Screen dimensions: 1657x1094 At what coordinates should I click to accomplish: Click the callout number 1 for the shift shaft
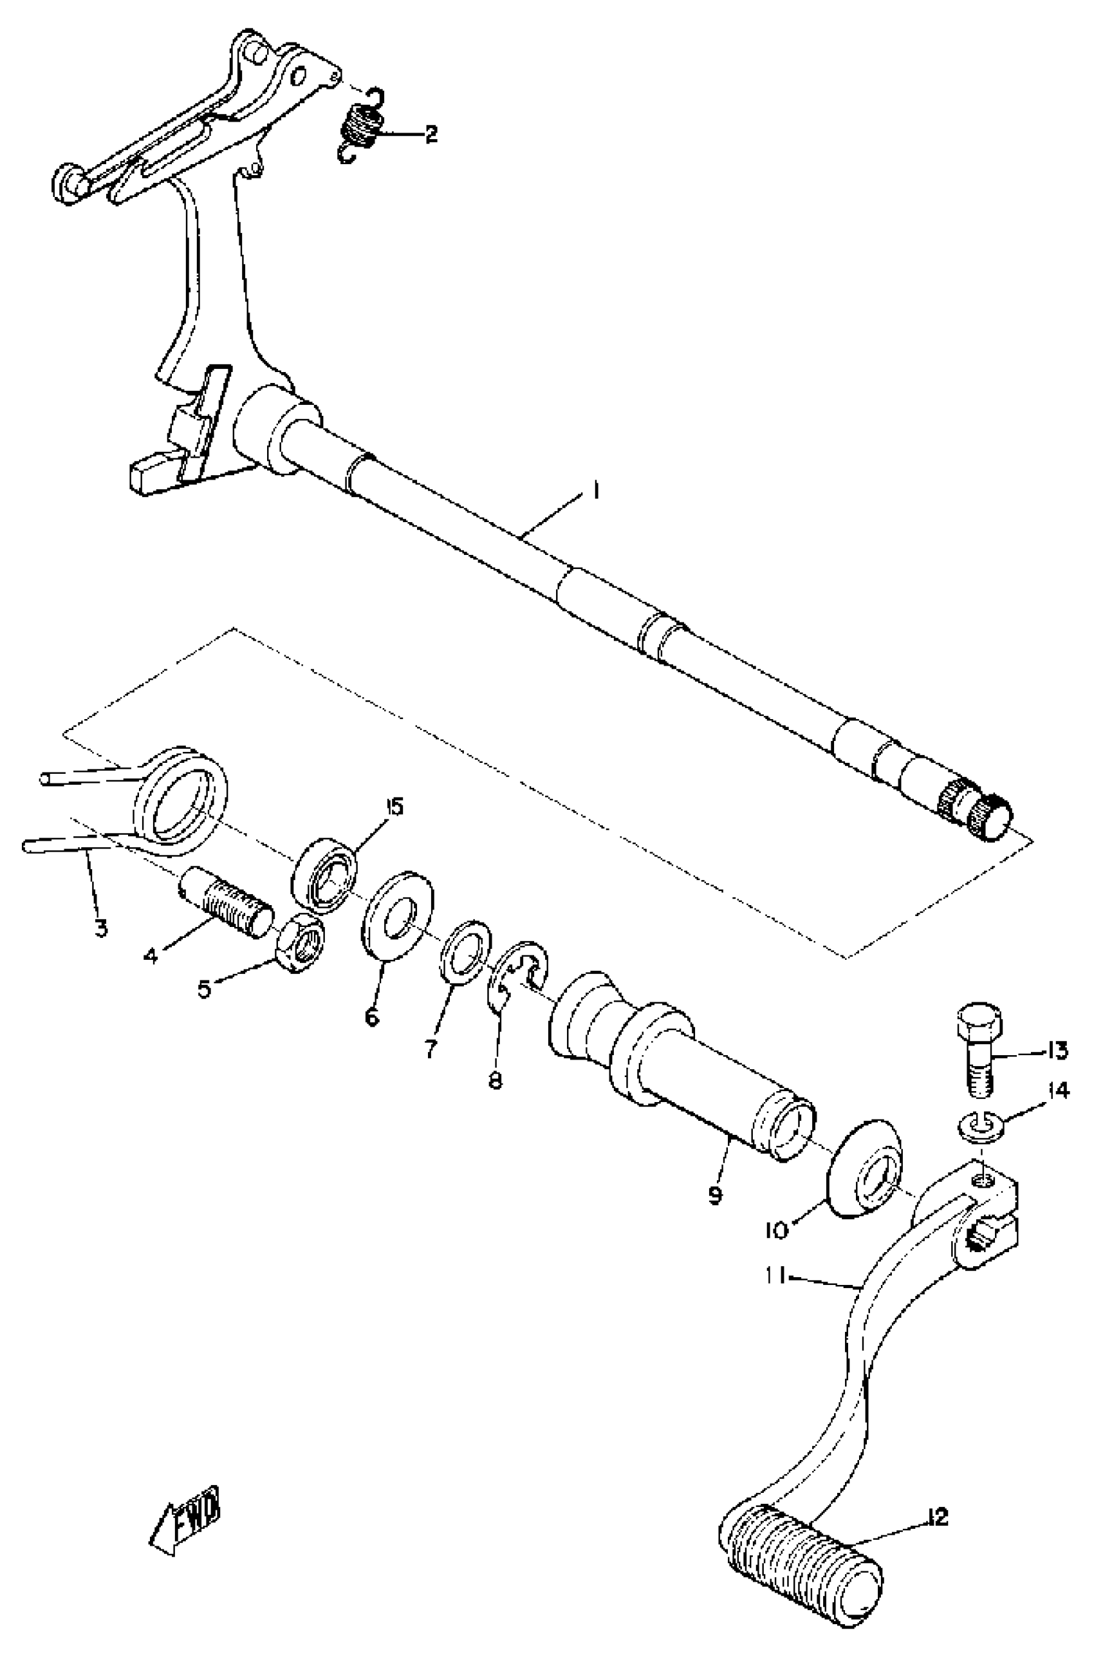(x=595, y=491)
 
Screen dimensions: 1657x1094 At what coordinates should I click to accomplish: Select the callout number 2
(x=431, y=134)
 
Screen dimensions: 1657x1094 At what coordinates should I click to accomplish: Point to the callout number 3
(x=101, y=928)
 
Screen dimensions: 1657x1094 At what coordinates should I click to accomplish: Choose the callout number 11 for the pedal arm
(x=776, y=1277)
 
